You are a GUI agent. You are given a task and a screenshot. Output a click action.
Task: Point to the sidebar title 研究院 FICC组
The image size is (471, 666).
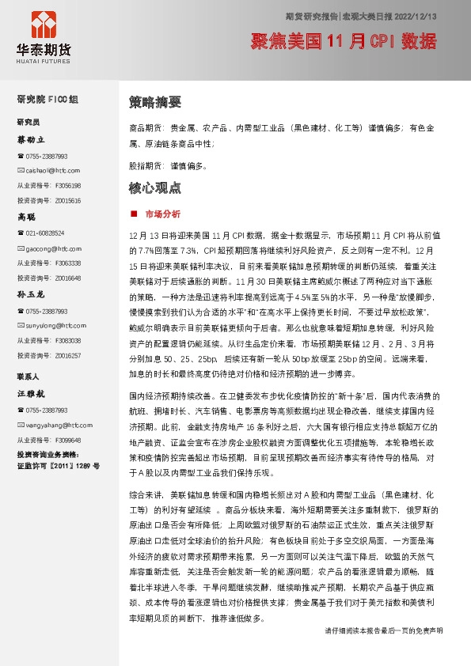pyautogui.click(x=47, y=100)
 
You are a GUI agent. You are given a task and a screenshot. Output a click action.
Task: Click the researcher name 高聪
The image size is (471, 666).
pyautogui.click(x=27, y=216)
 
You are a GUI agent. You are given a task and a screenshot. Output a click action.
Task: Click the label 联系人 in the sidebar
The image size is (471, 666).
pyautogui.click(x=28, y=376)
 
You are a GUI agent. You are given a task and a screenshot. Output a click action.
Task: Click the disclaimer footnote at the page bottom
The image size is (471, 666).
pyautogui.click(x=384, y=653)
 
